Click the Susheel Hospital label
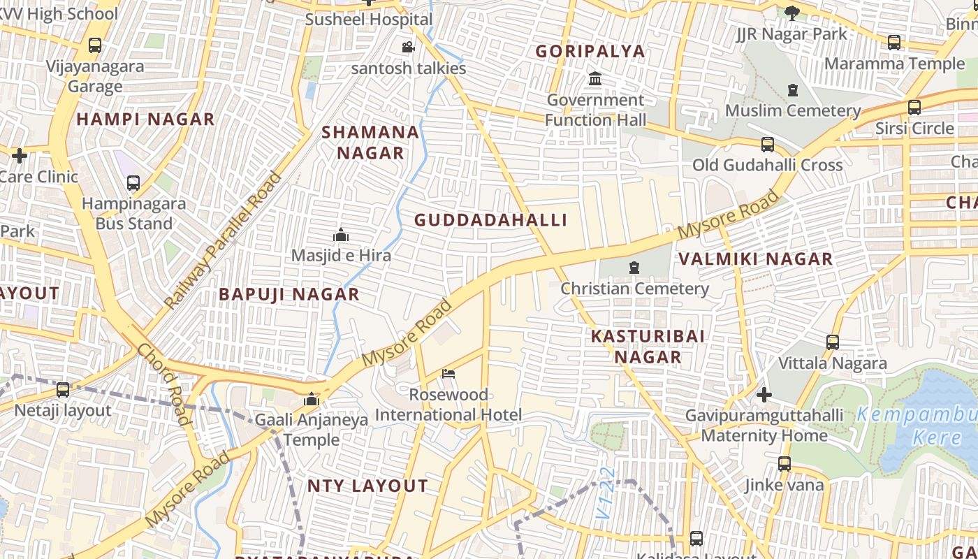coord(369,19)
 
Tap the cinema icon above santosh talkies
coord(408,48)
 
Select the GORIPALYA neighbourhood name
coord(590,51)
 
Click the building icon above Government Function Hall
coord(595,78)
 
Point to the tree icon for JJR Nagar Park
coord(791,13)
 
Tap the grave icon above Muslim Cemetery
coord(793,90)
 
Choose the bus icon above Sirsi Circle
coord(914,108)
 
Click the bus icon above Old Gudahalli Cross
coord(767,145)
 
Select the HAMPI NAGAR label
coord(145,119)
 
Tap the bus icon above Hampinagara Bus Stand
coord(133,183)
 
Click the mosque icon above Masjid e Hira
coord(341,235)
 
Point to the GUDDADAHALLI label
coord(490,220)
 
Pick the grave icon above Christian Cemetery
coord(634,268)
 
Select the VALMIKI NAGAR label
coord(756,259)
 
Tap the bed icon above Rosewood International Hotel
coord(448,374)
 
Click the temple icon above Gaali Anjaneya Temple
coord(312,400)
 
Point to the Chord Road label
coord(163,383)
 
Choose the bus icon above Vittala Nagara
coord(832,342)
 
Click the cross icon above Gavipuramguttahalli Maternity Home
coord(764,395)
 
